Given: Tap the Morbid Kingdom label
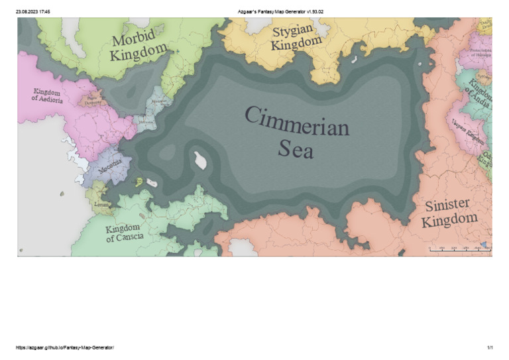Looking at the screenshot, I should [x=140, y=45].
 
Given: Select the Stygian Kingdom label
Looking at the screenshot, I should [x=296, y=38].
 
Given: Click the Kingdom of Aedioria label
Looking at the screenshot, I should [x=47, y=95].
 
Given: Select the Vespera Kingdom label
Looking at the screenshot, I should [x=467, y=130].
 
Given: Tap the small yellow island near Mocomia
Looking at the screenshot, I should [x=139, y=181].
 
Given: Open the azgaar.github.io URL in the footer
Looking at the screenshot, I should [x=64, y=348].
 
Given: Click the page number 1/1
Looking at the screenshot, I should [x=490, y=348].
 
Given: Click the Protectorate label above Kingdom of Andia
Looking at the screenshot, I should [x=480, y=52].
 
